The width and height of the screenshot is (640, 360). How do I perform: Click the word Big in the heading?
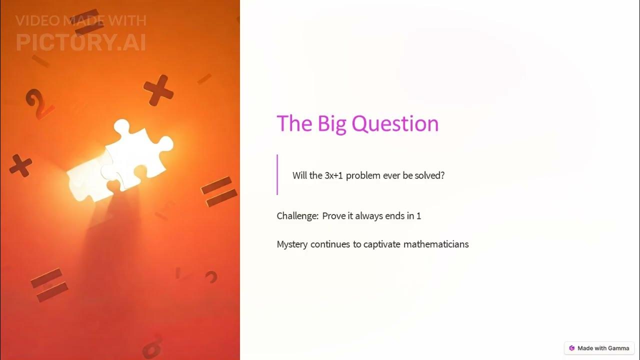pyautogui.click(x=332, y=123)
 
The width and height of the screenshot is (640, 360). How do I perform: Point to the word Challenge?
pyautogui.click(x=297, y=216)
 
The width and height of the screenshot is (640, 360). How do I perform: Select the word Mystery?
pyautogui.click(x=292, y=244)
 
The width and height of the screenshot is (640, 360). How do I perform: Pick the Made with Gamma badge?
pyautogui.click(x=599, y=348)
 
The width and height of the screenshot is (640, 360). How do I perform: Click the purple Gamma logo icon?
pyautogui.click(x=572, y=348)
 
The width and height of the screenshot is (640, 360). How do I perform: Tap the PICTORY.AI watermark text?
pyautogui.click(x=81, y=42)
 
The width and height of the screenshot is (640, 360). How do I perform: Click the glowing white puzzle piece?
pyautogui.click(x=122, y=160)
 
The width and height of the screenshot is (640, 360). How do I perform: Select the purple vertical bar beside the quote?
pyautogui.click(x=277, y=174)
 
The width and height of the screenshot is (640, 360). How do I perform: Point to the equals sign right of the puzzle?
pyautogui.click(x=218, y=191)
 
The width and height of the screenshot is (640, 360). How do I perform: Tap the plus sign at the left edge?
pyautogui.click(x=20, y=165)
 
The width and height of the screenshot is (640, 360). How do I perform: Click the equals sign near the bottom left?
pyautogui.click(x=49, y=284)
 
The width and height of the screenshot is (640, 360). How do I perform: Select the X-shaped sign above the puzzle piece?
pyautogui.click(x=158, y=90)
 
